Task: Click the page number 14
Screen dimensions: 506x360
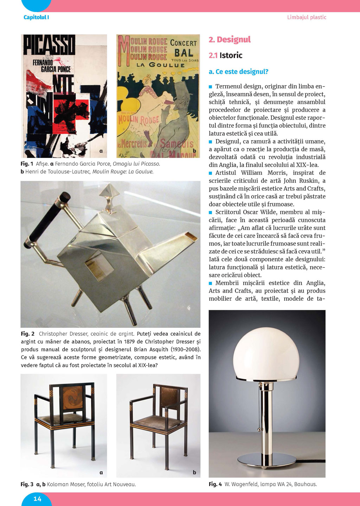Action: point(37,499)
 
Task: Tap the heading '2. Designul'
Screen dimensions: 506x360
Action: point(230,39)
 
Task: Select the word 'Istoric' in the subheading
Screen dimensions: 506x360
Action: point(231,55)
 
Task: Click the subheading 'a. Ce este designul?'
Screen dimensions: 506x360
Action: point(238,72)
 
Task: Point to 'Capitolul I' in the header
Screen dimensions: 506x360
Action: point(36,17)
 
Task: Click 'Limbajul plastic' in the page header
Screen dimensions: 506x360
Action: point(307,17)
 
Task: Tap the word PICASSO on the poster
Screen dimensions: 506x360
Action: point(49,45)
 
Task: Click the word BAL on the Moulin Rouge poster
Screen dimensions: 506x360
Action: point(184,53)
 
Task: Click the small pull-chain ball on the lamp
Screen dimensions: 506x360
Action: point(259,429)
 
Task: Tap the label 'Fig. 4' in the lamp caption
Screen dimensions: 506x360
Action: point(215,484)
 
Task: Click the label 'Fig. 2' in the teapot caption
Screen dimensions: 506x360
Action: point(27,334)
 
